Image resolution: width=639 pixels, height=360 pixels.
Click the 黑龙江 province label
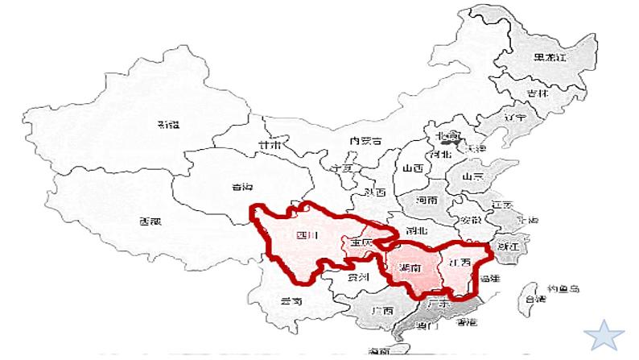click(551, 58)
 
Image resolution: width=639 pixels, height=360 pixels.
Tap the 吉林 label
click(538, 93)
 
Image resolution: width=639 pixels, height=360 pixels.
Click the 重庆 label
click(360, 242)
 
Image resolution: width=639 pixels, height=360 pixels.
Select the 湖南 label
click(409, 268)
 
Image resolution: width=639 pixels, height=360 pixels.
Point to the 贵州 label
click(358, 277)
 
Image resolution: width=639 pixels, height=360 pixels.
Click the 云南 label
click(291, 301)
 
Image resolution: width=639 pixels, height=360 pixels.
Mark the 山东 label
click(472, 176)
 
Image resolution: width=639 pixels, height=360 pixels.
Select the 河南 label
click(428, 199)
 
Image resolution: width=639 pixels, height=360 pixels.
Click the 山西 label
click(413, 168)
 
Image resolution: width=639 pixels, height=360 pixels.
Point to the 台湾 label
click(535, 299)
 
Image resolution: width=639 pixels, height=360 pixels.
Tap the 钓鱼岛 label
click(563, 288)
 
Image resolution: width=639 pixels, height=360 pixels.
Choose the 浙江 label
click(508, 245)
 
